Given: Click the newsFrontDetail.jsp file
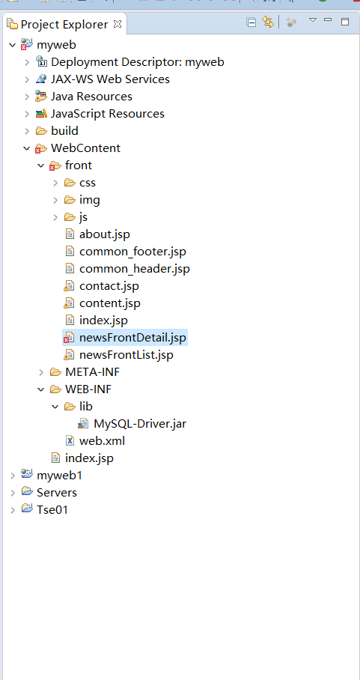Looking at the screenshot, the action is tap(132, 338).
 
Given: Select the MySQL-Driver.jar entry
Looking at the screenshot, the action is tap(140, 423).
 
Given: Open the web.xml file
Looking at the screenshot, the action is tap(102, 440).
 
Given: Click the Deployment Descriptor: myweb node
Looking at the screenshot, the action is tap(137, 62).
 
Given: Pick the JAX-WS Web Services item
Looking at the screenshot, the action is tap(110, 79).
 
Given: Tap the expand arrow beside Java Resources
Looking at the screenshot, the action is tap(27, 97).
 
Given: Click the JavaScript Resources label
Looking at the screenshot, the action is tap(108, 114).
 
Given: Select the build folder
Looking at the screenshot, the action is tap(64, 130).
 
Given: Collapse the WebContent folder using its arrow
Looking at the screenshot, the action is tap(27, 148).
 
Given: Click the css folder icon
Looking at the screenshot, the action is tap(70, 183).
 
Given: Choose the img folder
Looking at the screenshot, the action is tap(89, 199).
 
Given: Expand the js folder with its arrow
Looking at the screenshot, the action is tap(55, 217).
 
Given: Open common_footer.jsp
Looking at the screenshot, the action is tap(132, 251).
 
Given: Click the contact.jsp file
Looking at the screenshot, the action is tap(109, 286).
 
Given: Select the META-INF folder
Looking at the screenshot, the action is tap(92, 371).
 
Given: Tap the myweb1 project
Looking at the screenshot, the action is tap(59, 476).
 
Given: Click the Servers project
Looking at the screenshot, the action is tap(57, 493).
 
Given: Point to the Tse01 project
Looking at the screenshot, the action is tap(52, 509).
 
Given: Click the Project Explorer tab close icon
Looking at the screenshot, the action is tap(118, 24).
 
